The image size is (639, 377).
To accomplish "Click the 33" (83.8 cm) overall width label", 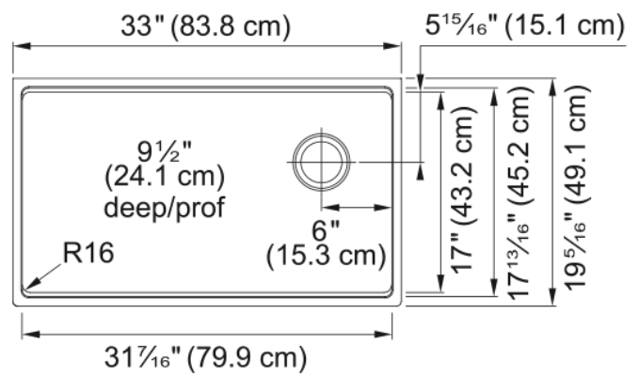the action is point(206,26).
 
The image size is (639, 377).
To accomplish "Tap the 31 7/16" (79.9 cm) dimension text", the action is point(205,358).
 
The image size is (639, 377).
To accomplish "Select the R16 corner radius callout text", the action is point(88,252).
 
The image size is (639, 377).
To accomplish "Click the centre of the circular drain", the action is point(321,162).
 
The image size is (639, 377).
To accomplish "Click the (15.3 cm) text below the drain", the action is point(326,256).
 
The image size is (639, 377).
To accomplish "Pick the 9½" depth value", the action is point(165,152).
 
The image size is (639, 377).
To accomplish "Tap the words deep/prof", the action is point(165,207).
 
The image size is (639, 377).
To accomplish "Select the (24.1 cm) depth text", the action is point(165,178).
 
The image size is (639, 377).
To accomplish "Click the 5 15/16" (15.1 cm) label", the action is point(525,25).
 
